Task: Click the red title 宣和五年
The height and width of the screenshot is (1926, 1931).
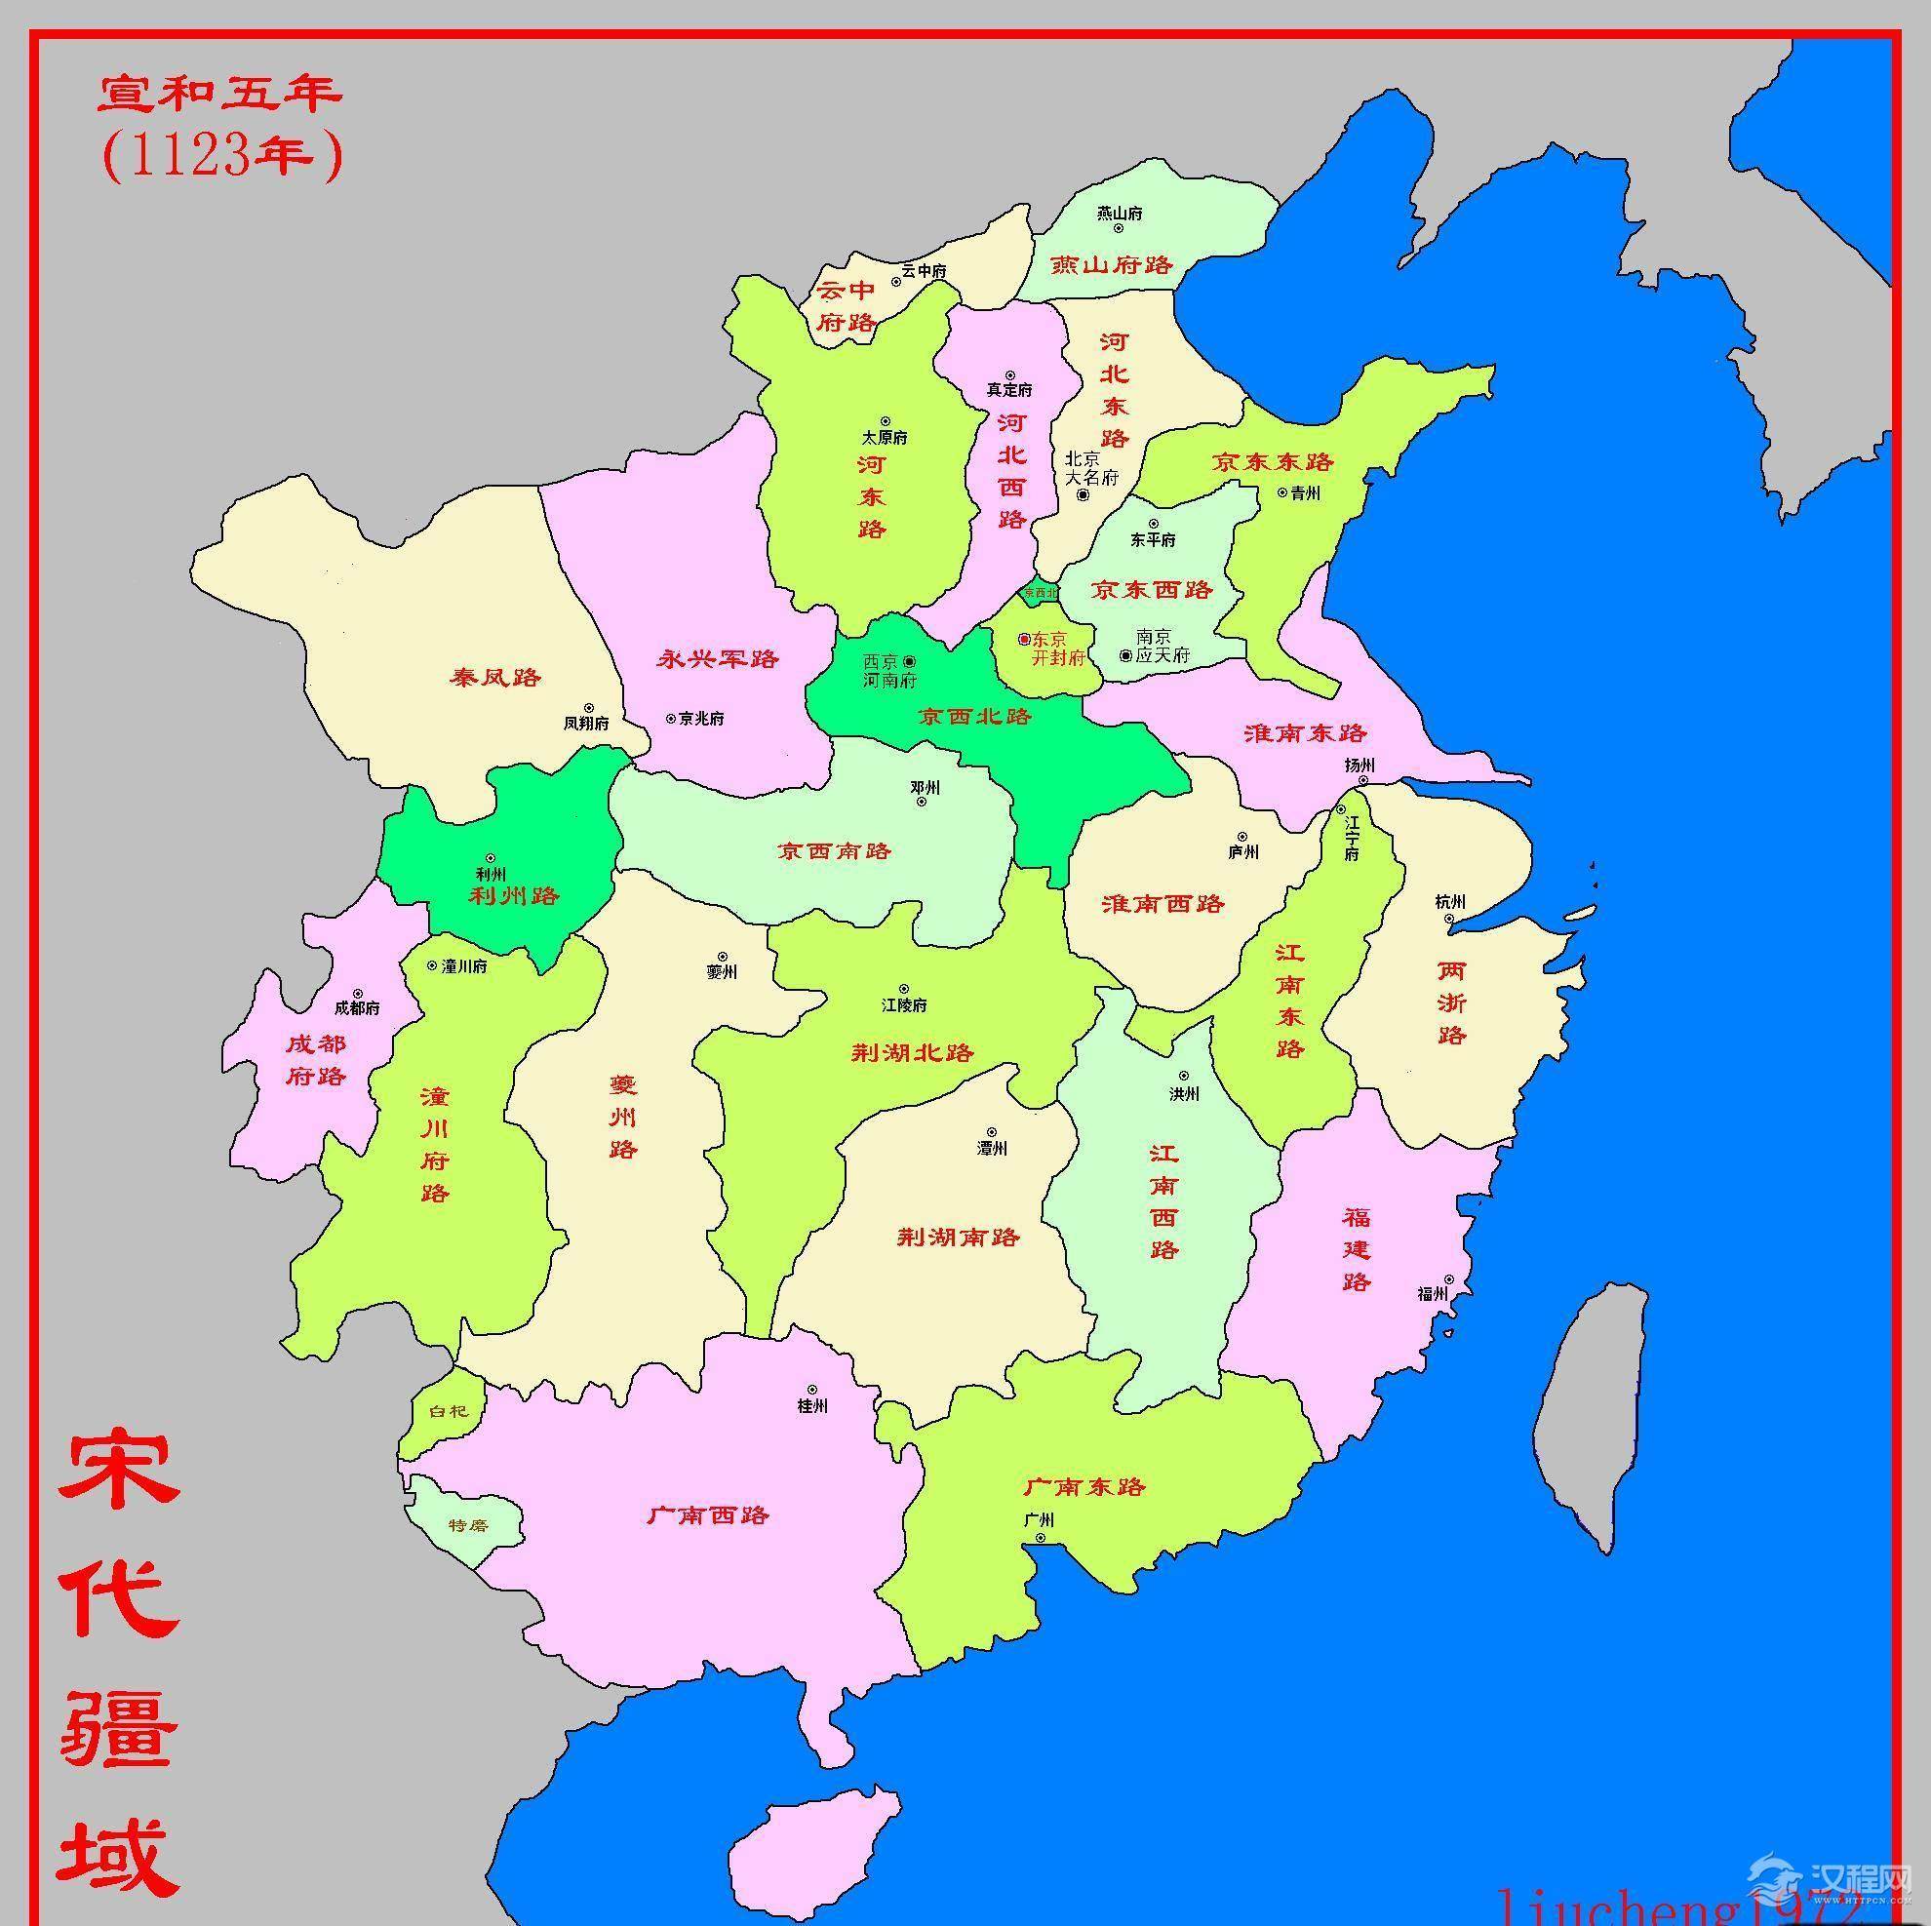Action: coord(219,95)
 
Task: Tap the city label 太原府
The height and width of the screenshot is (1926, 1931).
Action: coord(885,438)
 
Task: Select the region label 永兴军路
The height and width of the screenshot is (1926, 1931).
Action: coord(718,658)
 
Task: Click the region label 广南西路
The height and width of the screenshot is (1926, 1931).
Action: coord(708,1515)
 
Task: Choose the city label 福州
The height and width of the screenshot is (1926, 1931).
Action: coord(1433,1293)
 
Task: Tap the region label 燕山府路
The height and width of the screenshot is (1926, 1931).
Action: coord(1111,265)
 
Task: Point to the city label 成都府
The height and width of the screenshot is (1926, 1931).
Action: coord(357,1007)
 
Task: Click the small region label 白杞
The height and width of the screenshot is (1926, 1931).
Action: coord(447,1411)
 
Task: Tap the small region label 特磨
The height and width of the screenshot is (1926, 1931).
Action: coord(468,1525)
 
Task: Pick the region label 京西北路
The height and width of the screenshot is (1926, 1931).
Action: coord(974,717)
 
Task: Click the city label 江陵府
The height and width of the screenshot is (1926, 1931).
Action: coord(903,1004)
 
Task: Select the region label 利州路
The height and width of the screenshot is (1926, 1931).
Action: coord(514,895)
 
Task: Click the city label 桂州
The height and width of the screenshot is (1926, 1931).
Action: coord(811,1406)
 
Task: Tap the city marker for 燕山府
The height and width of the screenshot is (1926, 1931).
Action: coord(1119,228)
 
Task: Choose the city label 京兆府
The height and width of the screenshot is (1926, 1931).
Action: coord(700,718)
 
